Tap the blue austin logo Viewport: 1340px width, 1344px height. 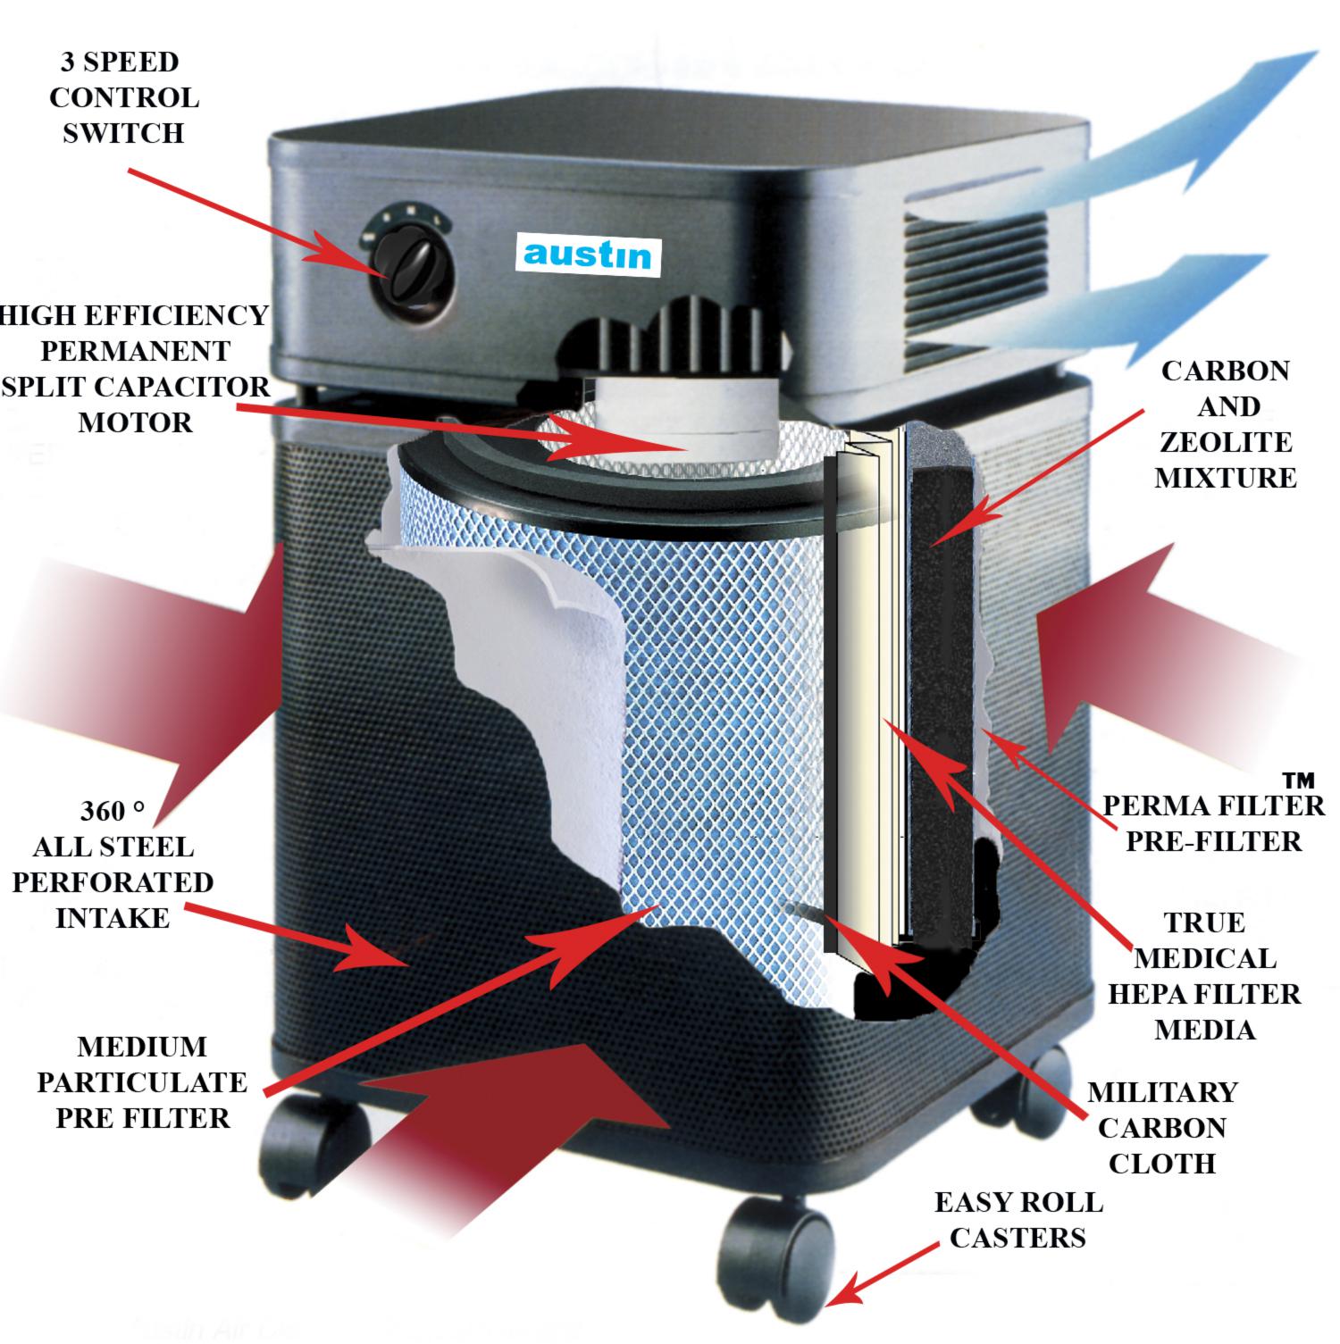(x=587, y=254)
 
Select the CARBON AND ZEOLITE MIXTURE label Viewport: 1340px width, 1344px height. (x=1225, y=424)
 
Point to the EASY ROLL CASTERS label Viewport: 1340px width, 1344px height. (x=1018, y=1219)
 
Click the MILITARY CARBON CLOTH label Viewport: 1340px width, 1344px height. (x=1161, y=1127)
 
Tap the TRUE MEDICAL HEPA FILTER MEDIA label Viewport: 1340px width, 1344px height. (x=1204, y=975)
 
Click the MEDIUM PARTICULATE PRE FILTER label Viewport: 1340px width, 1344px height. (x=141, y=1081)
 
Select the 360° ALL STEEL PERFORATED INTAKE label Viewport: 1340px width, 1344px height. (x=113, y=864)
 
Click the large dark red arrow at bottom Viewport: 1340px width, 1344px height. (x=527, y=1125)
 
